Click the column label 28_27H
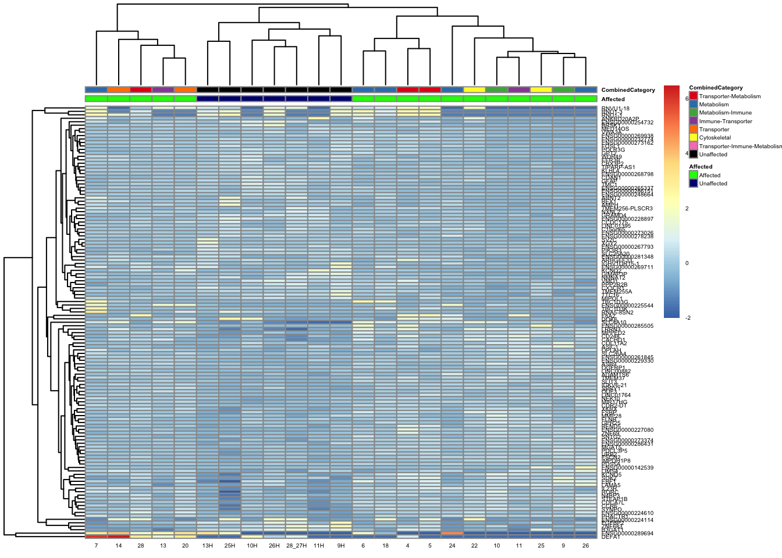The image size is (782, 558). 296,546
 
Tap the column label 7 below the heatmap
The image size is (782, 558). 96,546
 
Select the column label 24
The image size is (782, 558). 452,546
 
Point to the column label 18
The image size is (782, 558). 385,546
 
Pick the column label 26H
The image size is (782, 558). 274,546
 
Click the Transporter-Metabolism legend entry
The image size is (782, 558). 730,96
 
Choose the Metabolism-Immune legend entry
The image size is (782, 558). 725,113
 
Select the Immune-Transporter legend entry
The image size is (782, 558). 725,121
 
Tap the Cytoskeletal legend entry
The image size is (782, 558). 715,138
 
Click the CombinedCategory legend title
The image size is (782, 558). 716,88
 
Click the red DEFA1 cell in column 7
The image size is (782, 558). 96,537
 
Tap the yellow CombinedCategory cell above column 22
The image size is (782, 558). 474,90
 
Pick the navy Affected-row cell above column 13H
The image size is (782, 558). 207,99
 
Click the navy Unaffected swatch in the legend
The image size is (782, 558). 693,183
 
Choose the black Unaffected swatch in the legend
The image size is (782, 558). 693,155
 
